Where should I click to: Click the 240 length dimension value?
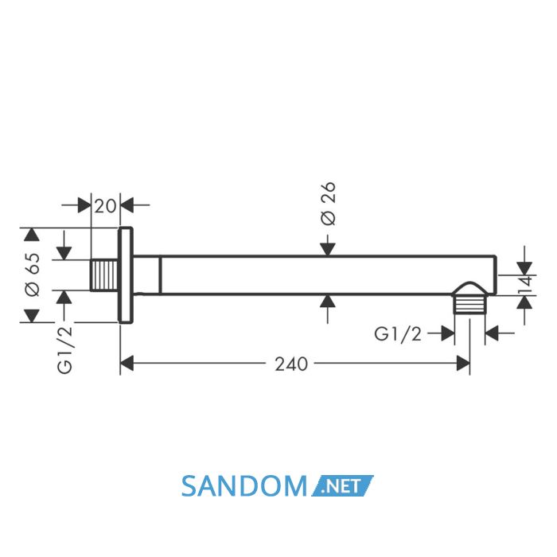point(291,364)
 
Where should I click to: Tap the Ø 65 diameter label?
point(33,274)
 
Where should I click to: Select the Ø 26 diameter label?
point(328,204)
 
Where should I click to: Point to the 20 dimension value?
point(105,206)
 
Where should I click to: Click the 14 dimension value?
point(525,285)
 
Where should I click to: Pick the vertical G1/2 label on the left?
point(64,349)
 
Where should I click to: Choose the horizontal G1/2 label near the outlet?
point(398,334)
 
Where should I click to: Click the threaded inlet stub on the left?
point(104,275)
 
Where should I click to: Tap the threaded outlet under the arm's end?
point(469,305)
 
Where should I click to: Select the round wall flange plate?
point(126,275)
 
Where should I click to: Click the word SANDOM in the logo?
point(244,486)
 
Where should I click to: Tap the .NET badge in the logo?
point(342,485)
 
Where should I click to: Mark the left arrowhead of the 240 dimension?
point(127,363)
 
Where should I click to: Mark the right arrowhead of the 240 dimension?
point(463,363)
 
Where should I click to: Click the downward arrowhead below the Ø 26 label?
point(328,249)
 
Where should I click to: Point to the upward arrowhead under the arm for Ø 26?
point(328,302)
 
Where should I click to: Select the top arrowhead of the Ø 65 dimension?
point(32,235)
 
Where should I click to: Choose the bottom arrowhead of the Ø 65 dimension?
point(32,316)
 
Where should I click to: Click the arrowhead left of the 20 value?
point(84,205)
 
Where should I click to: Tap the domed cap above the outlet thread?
point(469,289)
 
